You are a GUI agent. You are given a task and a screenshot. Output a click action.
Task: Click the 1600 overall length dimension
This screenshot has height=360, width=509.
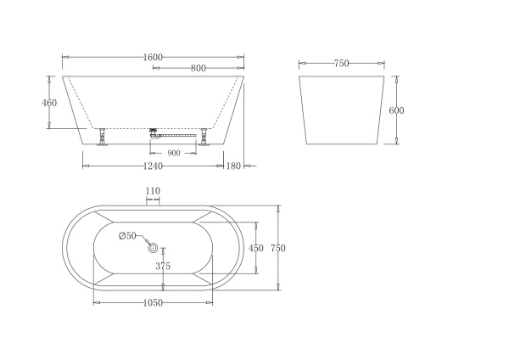click(153, 57)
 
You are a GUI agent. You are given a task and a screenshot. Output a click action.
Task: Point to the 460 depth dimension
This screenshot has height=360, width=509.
click(50, 103)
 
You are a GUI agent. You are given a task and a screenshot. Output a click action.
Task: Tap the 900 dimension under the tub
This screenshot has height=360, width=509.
click(173, 154)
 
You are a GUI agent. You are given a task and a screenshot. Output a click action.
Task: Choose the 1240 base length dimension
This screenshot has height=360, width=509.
click(153, 166)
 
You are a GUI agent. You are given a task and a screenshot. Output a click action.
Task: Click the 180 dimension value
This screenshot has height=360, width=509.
click(234, 166)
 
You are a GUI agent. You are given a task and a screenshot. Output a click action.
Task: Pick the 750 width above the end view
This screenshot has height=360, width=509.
click(342, 64)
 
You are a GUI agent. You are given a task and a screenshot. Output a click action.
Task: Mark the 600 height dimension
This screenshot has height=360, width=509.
click(396, 110)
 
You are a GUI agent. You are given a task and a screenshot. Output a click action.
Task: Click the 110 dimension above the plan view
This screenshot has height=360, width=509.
click(153, 192)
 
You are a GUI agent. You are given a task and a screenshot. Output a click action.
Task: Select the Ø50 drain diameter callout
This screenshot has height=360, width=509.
click(127, 235)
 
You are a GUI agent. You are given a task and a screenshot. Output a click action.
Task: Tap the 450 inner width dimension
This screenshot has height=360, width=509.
click(255, 248)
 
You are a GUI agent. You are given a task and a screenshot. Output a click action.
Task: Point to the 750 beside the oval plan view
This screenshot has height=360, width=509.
click(277, 248)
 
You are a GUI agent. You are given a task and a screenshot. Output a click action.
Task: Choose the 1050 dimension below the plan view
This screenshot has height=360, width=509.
click(153, 303)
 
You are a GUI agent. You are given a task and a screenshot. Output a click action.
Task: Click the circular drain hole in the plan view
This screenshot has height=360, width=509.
click(154, 248)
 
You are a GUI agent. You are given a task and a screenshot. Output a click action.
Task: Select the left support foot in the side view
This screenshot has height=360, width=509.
click(103, 137)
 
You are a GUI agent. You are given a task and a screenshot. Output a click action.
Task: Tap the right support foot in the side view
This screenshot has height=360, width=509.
click(204, 137)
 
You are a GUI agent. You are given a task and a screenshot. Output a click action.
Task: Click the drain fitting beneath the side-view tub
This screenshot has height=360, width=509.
click(155, 132)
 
